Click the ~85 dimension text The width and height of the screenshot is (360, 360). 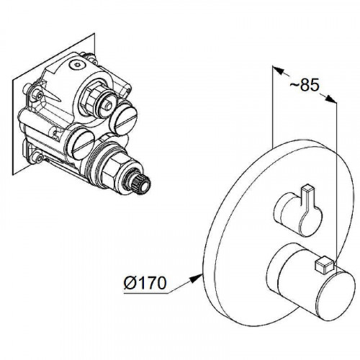(x=305, y=85)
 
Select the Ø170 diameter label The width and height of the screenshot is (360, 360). (x=145, y=283)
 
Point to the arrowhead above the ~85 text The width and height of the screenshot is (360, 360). (x=278, y=71)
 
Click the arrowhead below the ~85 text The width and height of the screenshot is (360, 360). (x=331, y=99)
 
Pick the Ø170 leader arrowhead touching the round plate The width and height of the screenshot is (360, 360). (x=196, y=278)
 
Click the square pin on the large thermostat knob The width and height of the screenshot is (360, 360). (x=324, y=265)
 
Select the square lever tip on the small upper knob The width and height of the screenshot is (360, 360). (x=309, y=189)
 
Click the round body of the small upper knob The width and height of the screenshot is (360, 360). (x=297, y=215)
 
